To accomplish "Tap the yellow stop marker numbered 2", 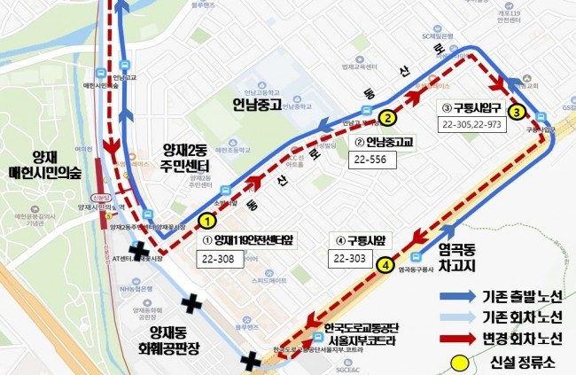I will pos(386,117).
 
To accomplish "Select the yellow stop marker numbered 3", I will pos(517,112).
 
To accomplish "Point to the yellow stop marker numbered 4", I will pos(385,264).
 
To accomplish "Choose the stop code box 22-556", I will pos(371,160).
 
